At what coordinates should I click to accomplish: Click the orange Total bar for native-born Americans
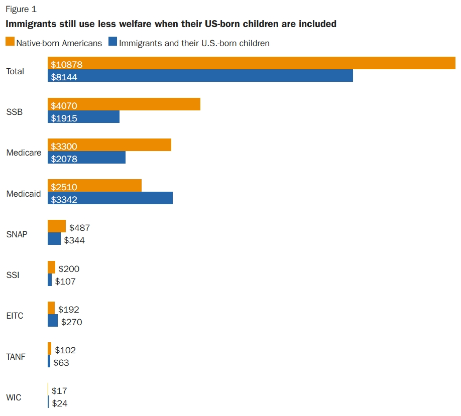point(251,64)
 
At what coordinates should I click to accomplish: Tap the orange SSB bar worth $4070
point(124,104)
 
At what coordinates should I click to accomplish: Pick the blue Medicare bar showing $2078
point(86,158)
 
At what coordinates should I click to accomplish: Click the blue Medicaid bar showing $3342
point(110,198)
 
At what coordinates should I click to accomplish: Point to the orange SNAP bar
point(57,226)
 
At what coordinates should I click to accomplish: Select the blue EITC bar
point(53,321)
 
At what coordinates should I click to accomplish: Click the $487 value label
point(79,228)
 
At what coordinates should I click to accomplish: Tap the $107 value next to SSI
point(65,281)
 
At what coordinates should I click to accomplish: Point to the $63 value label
point(62,362)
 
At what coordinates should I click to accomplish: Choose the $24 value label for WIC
point(59,403)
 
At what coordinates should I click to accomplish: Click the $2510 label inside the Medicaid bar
point(64,187)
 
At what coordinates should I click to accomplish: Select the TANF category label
point(16,357)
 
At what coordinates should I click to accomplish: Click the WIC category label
point(14,397)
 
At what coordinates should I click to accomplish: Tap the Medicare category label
point(24,153)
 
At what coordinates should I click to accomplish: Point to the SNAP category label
point(17,234)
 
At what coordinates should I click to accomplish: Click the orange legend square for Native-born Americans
point(10,42)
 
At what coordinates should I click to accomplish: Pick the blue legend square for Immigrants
point(112,42)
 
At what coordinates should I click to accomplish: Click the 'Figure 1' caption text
point(21,9)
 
